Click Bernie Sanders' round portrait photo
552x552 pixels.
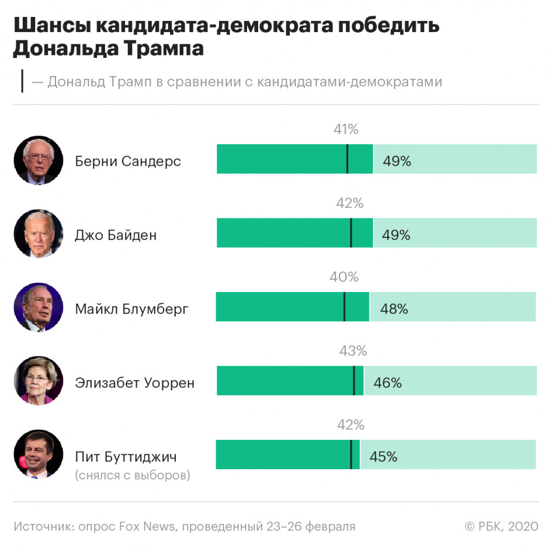pos(39,161)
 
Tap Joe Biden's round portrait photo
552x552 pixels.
pos(39,234)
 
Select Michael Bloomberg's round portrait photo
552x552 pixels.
pos(39,308)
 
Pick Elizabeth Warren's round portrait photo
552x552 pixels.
pos(39,381)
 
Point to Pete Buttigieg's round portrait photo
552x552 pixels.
pos(39,455)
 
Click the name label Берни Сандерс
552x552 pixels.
pos(128,161)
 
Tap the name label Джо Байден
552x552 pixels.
pos(116,235)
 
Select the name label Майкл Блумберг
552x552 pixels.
pos(132,309)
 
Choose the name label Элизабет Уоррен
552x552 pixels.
pos(135,383)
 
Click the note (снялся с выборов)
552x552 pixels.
pos(133,475)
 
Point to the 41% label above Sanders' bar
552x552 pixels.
pos(346,130)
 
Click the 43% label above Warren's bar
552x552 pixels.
pos(353,351)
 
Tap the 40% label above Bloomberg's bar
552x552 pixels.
pos(344,277)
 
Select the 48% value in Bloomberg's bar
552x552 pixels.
pos(394,309)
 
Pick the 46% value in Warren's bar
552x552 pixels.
pos(388,383)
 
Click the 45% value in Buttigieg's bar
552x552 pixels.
pos(383,456)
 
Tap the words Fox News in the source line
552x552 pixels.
pos(147,526)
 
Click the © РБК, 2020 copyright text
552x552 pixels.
pos(501,526)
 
